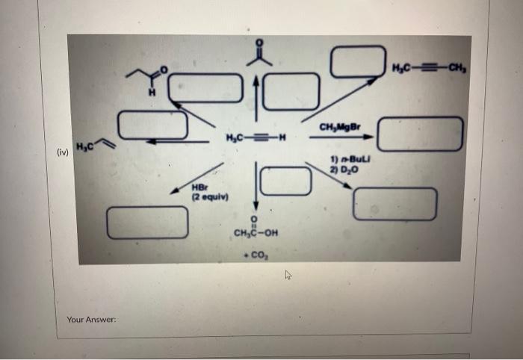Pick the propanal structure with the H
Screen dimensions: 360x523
[147, 80]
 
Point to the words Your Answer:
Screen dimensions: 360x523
[90, 319]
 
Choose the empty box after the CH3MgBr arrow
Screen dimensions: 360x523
[420, 134]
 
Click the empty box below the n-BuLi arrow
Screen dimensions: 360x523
[394, 204]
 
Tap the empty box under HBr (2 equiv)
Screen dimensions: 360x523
[146, 222]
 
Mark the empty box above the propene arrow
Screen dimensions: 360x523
[153, 124]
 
